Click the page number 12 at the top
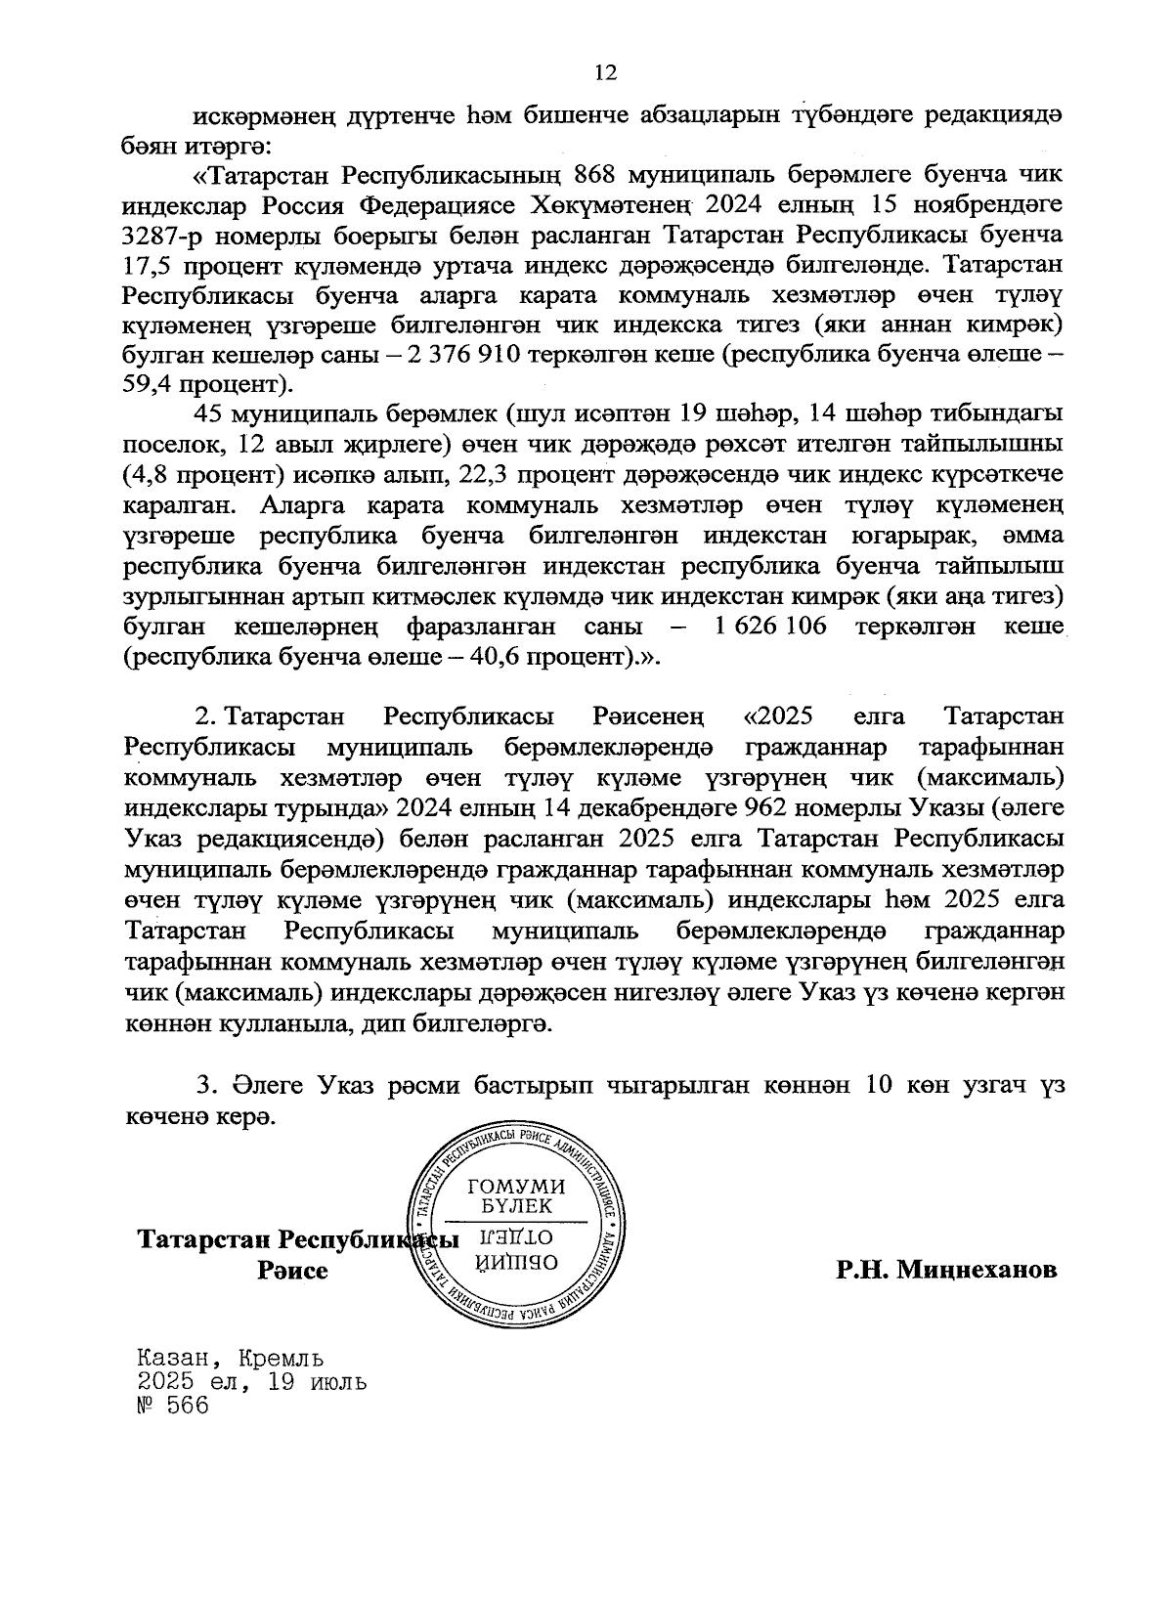pos(605,72)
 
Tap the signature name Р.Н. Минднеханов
pos(946,1270)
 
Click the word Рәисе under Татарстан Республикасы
pos(292,1271)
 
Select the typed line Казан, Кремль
pos(231,1358)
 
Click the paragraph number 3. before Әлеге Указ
pos(204,1086)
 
